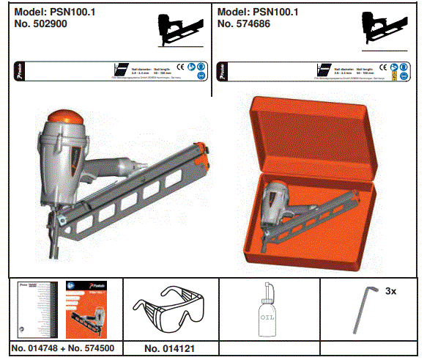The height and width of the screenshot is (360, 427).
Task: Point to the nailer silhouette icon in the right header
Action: pyautogui.click(x=382, y=32)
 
